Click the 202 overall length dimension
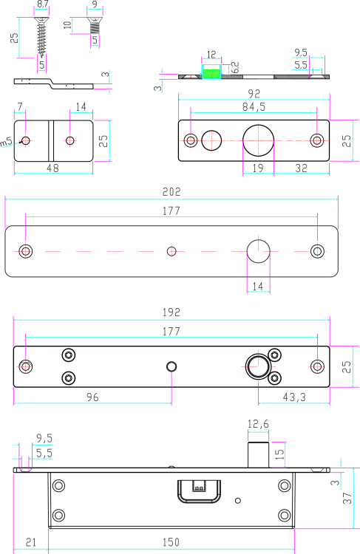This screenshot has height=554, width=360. [x=171, y=191]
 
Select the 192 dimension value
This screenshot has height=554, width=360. [x=171, y=312]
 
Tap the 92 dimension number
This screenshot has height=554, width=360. [x=254, y=94]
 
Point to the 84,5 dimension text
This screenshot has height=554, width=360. [x=254, y=107]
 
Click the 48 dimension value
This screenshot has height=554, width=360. [x=52, y=168]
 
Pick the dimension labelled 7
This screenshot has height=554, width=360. [x=19, y=107]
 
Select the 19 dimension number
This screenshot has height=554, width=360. [x=258, y=168]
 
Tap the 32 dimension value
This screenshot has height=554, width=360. [x=301, y=168]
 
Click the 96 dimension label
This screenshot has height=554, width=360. [x=92, y=397]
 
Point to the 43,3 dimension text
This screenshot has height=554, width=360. [x=294, y=397]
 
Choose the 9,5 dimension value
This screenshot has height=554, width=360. [x=44, y=438]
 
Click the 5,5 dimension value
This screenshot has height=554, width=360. [x=44, y=452]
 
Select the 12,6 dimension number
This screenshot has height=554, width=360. [x=258, y=424]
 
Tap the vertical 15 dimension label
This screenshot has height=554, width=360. [x=279, y=454]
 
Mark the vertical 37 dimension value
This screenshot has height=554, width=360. [x=347, y=499]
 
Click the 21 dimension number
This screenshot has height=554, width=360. [x=30, y=542]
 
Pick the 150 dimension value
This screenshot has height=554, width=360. [x=171, y=542]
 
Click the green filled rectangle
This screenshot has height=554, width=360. [x=211, y=73]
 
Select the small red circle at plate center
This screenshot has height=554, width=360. [x=171, y=251]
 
